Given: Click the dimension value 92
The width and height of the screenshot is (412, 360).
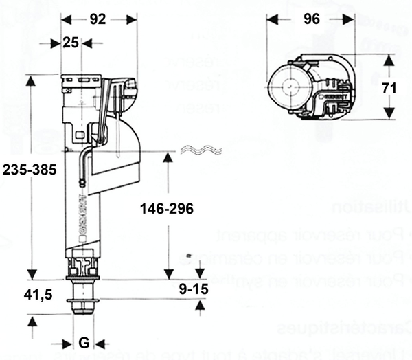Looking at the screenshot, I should [98, 19].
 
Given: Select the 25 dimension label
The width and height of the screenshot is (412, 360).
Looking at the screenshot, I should [71, 43].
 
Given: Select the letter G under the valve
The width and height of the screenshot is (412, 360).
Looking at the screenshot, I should [83, 343].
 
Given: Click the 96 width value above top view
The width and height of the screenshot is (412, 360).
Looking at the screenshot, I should [312, 19].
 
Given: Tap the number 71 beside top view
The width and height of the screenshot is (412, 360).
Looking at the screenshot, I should [390, 87].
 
